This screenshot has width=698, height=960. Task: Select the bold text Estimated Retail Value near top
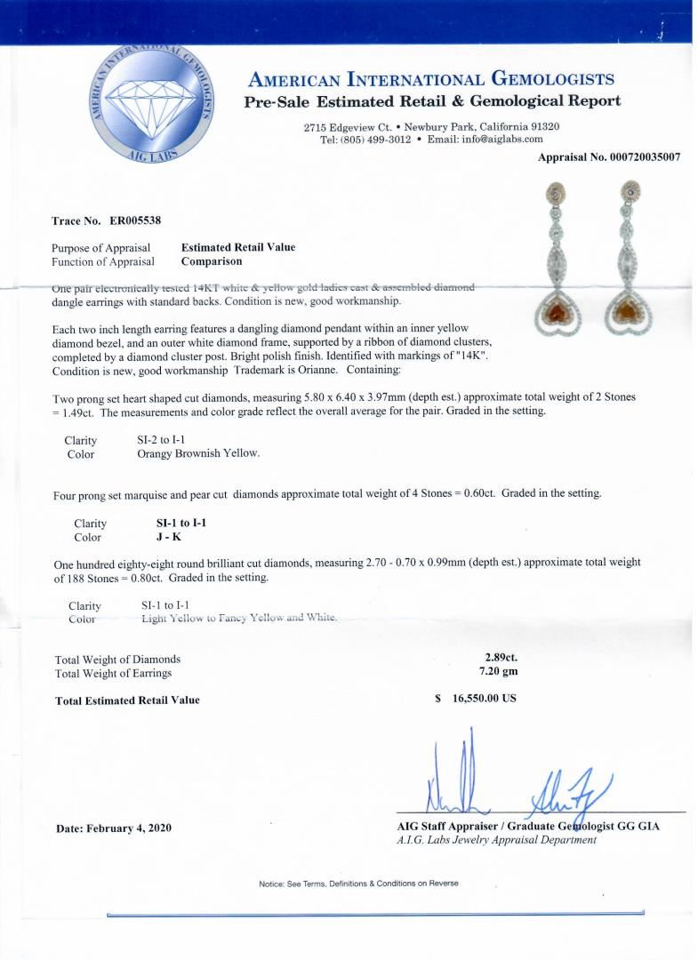tap(237, 247)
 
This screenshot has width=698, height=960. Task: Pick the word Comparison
tap(211, 261)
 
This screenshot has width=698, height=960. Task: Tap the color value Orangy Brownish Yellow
tap(198, 453)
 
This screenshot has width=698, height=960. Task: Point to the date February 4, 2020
tap(113, 828)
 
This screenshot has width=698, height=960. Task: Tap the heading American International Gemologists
tap(431, 79)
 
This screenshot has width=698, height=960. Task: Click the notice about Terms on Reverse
tap(358, 884)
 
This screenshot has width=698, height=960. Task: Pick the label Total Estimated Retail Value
tap(127, 700)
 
